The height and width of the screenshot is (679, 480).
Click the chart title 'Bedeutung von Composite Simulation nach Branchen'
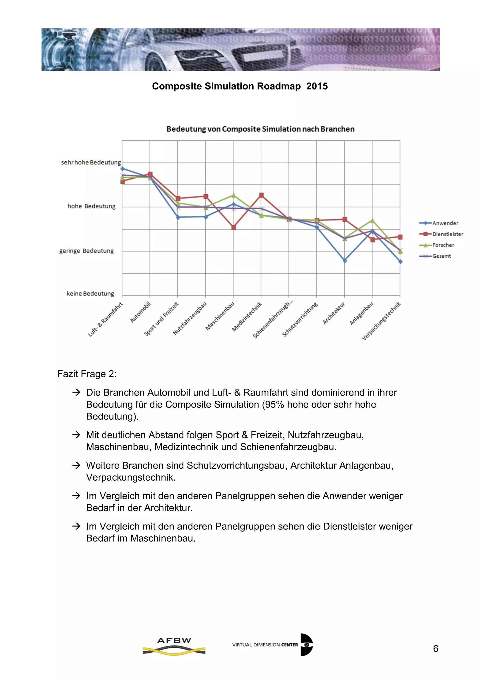[x=260, y=129]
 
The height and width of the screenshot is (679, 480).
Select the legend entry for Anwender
[x=445, y=223]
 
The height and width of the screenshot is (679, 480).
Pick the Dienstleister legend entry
[x=447, y=234]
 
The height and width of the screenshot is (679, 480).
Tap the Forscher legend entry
[x=443, y=245]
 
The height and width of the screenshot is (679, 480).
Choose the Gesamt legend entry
[x=442, y=256]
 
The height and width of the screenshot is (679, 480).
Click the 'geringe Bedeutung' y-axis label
[x=86, y=251]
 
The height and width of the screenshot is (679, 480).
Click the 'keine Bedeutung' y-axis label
[x=90, y=294]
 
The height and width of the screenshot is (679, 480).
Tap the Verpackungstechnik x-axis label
[x=381, y=321]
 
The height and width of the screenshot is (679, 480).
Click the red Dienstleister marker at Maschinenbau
[x=233, y=227]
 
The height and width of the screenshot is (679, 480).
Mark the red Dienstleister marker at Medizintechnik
[x=261, y=195]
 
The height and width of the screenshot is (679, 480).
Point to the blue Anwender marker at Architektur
[x=345, y=260]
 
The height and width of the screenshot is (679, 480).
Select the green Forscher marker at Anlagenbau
[x=372, y=221]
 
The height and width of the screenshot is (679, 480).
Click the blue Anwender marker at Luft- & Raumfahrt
[x=122, y=169]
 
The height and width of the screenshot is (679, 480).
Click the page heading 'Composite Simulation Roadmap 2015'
[x=240, y=86]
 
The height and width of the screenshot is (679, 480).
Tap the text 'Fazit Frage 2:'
[x=86, y=374]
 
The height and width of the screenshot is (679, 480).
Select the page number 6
[x=435, y=649]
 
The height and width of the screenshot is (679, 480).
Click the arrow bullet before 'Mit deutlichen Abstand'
[x=76, y=435]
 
